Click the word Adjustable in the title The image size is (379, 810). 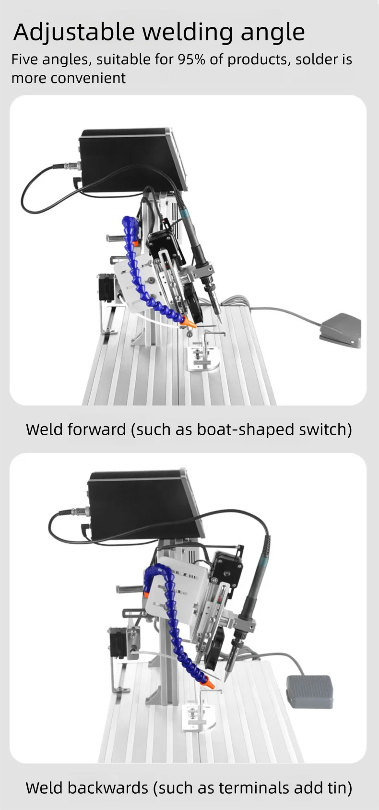tap(74, 33)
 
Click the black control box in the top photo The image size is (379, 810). tap(134, 159)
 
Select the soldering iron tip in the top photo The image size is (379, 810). tap(219, 318)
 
